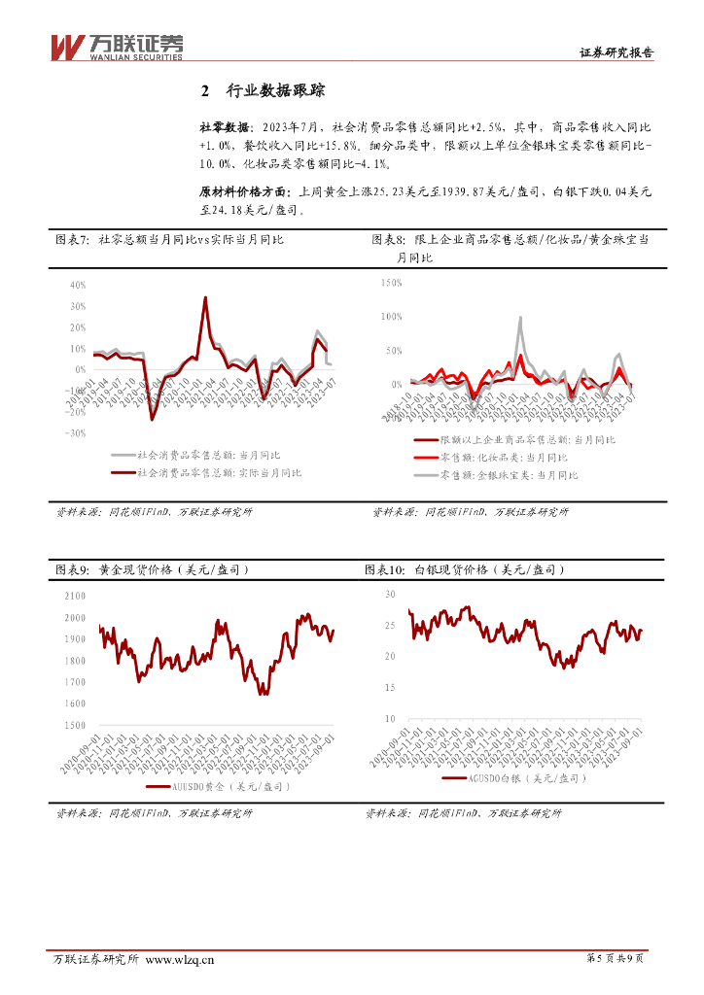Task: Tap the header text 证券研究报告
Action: click(616, 53)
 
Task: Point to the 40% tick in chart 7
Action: click(79, 286)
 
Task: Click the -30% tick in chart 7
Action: click(77, 433)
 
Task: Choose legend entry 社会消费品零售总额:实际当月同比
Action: click(219, 472)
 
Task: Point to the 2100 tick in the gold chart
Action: click(74, 596)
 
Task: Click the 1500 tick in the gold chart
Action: click(74, 726)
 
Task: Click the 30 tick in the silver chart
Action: click(389, 593)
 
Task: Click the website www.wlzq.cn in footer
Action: click(179, 960)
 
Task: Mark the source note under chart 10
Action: click(463, 813)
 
